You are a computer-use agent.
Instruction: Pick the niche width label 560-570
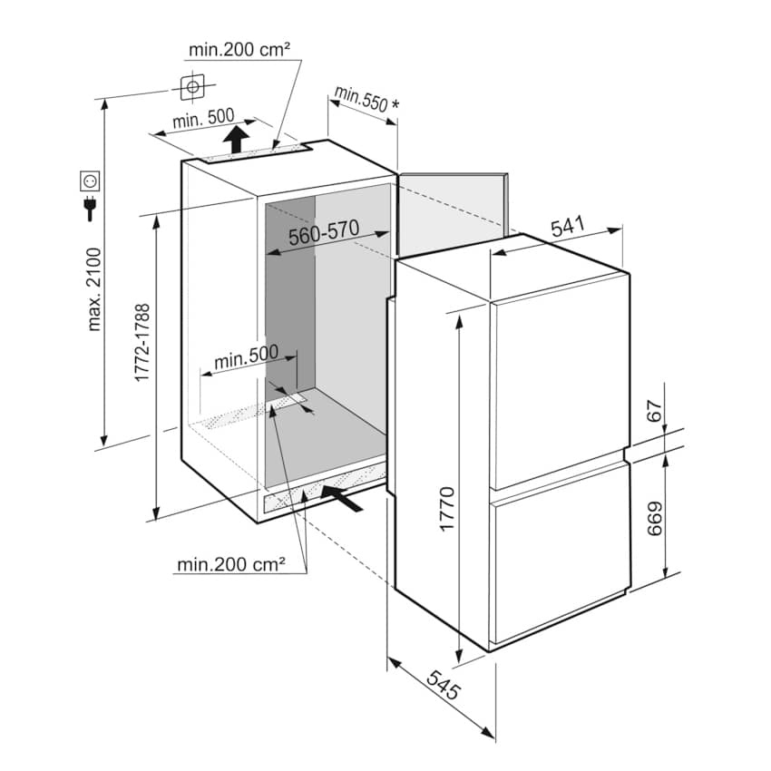(325, 237)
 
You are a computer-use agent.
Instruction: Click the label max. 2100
(94, 288)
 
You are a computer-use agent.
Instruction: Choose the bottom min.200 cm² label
(231, 564)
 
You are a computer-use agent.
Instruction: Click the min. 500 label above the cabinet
(203, 120)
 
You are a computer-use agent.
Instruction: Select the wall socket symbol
(91, 181)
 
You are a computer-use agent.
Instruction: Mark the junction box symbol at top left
(192, 87)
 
